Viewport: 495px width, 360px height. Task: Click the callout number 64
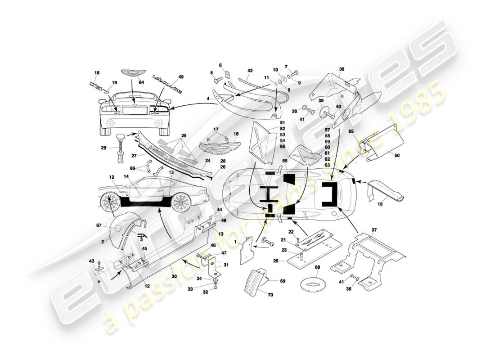[141, 82]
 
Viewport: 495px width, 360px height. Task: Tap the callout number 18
[96, 72]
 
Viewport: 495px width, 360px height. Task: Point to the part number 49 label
[180, 77]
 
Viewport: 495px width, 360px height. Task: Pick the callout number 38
[342, 70]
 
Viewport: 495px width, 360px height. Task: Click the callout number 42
[250, 71]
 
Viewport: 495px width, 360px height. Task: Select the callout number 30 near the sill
[174, 276]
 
